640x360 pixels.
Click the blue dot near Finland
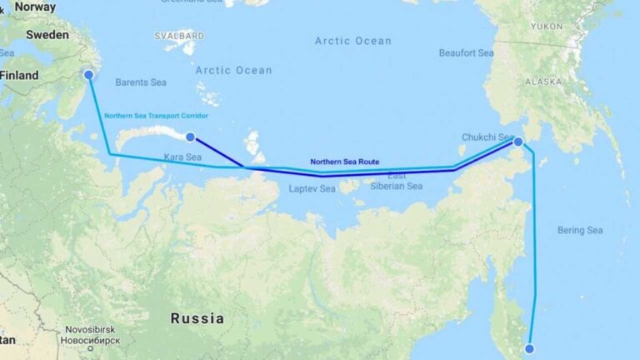click(88, 75)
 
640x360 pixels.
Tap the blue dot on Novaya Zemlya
click(190, 137)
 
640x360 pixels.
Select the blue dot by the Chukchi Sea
click(517, 142)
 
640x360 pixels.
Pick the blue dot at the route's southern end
click(528, 348)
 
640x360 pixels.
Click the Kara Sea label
click(182, 157)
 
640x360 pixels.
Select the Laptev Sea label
click(311, 189)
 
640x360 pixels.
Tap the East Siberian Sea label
click(396, 181)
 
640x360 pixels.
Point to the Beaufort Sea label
click(466, 52)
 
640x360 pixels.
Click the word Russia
click(197, 318)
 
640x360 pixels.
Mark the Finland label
click(19, 75)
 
